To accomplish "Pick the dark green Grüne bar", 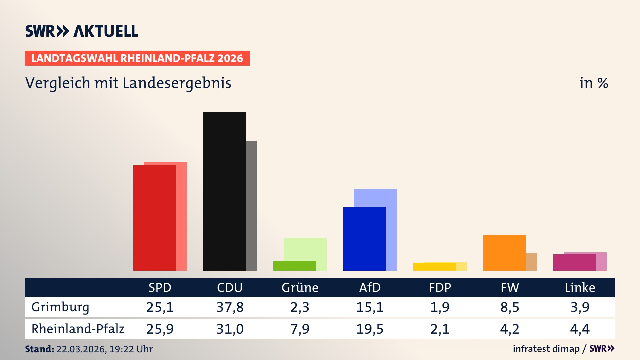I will [294, 266].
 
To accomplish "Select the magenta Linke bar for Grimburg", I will [574, 262].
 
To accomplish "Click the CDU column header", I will [230, 287].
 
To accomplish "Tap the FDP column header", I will [440, 287].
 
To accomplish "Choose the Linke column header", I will [580, 287].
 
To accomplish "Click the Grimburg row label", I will [60, 307].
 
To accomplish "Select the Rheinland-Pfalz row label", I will [78, 329].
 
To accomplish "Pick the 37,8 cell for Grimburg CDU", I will [230, 307].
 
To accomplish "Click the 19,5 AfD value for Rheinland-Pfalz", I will [370, 329].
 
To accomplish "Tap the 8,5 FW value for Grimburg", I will [510, 307].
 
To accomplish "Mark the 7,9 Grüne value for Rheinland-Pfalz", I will [300, 329].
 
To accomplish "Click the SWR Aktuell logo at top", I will [82, 31].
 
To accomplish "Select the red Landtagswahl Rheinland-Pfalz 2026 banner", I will [137, 58].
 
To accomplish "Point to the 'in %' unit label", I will [593, 83].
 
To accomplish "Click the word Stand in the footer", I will [39, 349].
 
